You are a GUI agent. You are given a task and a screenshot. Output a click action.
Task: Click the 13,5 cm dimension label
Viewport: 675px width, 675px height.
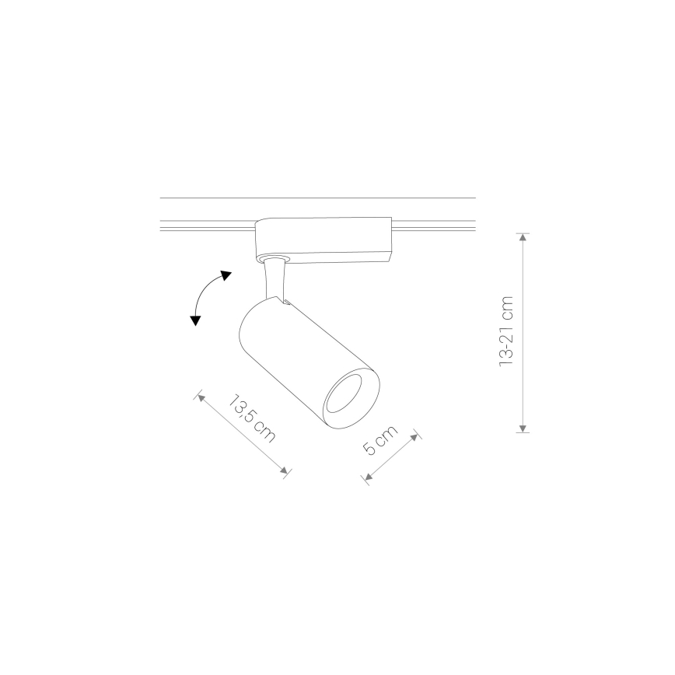[x=251, y=418]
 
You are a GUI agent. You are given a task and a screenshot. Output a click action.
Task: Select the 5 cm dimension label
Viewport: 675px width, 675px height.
[x=380, y=440]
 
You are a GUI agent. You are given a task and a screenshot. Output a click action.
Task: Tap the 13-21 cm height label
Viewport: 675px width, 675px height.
[x=506, y=331]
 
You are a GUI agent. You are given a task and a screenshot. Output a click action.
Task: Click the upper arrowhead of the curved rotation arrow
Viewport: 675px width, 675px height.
[x=226, y=275]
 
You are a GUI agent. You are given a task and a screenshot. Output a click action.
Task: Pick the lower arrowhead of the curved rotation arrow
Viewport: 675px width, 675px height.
[x=195, y=320]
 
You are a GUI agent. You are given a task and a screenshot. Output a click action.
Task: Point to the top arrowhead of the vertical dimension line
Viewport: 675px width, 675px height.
[x=523, y=237]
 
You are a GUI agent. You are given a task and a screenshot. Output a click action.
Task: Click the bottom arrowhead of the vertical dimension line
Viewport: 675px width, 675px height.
[x=523, y=428]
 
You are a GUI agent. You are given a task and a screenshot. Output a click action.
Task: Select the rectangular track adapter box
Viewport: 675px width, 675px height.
[x=324, y=240]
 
